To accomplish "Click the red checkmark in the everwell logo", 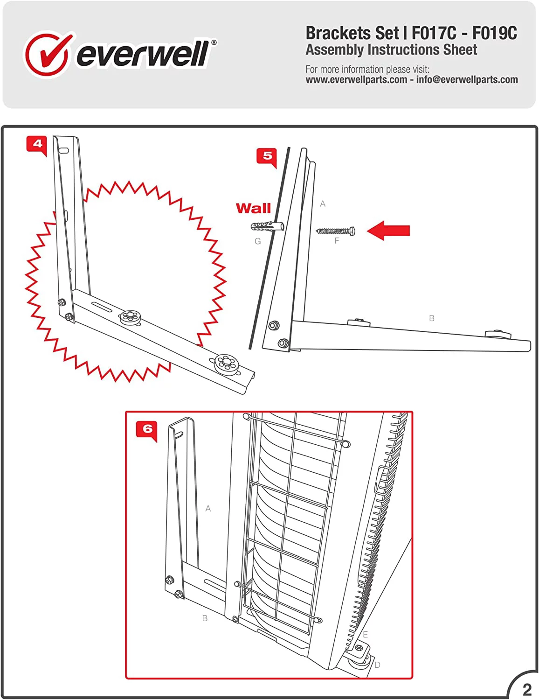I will coord(48,54).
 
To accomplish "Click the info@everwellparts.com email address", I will coord(467,80).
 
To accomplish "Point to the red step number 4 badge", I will coord(37,144).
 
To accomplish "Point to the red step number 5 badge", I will coord(267,156).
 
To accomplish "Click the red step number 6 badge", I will coord(147,429).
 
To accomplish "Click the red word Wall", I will coord(253,208).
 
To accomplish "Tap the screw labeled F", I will coord(336,231).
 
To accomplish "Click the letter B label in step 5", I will coord(431,318).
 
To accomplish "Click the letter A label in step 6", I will coord(208,509).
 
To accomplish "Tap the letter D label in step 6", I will coord(377,665).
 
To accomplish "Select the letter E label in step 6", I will coord(365,635).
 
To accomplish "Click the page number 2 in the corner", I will coord(527,689).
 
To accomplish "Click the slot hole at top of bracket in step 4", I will coord(64,151).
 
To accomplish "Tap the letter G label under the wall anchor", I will coord(257,241).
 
